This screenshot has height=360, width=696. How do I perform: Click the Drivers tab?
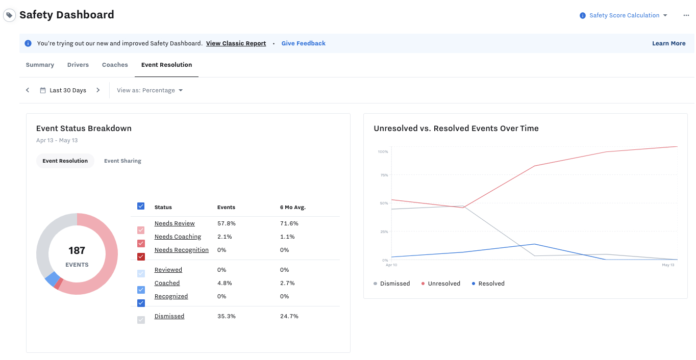[x=78, y=65]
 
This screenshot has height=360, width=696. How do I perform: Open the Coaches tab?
[x=115, y=65]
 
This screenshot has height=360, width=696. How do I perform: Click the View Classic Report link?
[x=236, y=43]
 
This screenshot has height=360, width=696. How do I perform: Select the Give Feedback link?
[x=303, y=43]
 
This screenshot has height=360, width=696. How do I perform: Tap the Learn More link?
[x=668, y=43]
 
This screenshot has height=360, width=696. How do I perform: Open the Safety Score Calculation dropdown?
[x=624, y=15]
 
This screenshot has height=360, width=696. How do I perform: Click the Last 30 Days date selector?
[x=67, y=90]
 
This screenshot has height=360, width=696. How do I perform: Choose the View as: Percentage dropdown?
[x=150, y=90]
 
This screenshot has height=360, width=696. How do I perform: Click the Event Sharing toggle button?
[x=122, y=161]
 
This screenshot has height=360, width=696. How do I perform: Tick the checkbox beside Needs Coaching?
[x=141, y=243]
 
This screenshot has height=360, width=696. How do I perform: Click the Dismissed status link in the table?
[x=169, y=316]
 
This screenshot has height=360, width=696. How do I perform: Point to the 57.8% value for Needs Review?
[x=226, y=223]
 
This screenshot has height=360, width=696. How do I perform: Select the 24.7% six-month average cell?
[x=289, y=316]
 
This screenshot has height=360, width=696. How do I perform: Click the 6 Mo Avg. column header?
[x=292, y=208]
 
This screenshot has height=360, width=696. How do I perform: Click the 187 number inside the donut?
[x=77, y=250]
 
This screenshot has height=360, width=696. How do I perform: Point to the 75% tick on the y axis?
[x=383, y=175]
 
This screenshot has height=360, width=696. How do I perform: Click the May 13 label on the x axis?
[x=668, y=265]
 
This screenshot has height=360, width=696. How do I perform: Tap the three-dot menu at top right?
[x=686, y=15]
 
